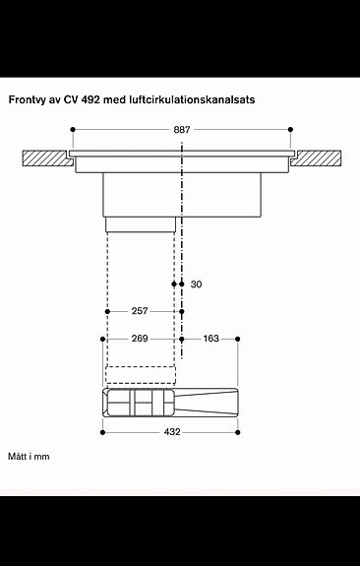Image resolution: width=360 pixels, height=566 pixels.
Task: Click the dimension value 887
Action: pos(181,129)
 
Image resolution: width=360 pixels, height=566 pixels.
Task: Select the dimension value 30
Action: pos(196,284)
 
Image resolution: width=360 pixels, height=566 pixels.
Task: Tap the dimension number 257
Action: pos(140,311)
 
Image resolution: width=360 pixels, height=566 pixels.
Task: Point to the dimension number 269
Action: pos(140,339)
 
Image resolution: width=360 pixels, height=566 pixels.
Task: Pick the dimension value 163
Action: pos(211,339)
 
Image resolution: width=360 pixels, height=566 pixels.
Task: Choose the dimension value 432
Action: pos(171,430)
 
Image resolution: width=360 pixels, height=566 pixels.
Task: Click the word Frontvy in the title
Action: pos(30,99)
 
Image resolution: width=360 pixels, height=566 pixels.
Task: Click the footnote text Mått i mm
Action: pos(29,457)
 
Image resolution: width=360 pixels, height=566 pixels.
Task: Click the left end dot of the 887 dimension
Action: pos(72,129)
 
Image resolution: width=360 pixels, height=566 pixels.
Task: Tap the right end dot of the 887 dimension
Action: pos(291,129)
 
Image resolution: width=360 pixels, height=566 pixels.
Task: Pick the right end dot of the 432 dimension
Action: pos(238,430)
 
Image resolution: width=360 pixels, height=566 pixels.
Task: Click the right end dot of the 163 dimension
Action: pos(238,339)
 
